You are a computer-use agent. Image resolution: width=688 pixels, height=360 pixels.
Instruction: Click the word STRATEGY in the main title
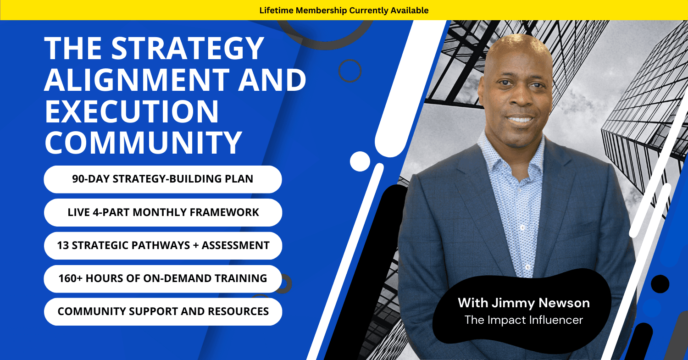pos(188,48)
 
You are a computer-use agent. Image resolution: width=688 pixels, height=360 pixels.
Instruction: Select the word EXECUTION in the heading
pos(132,111)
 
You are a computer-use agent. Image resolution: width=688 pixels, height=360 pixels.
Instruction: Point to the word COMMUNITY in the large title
pos(143,142)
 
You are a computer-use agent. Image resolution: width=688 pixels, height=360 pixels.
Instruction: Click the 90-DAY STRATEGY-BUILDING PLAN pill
pos(163,179)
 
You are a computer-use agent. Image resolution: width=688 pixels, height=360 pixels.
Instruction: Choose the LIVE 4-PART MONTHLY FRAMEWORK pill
pos(163,212)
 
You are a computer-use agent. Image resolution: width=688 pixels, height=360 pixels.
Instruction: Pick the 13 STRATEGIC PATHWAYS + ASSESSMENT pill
pos(163,246)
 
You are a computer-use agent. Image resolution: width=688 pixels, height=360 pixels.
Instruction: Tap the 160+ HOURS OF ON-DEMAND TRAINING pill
pos(163,279)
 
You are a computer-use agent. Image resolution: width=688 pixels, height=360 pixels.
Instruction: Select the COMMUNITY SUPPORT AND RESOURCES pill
pos(163,312)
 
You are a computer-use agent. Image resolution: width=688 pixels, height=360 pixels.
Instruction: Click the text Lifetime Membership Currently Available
pos(344,11)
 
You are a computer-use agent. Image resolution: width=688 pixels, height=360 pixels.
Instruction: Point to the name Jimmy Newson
pos(541,303)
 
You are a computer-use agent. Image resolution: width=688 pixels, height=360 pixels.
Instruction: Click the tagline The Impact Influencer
pos(524,320)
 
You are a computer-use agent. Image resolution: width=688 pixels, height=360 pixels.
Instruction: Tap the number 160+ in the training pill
pos(71,278)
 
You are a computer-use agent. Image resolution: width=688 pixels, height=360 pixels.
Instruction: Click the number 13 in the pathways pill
pos(63,245)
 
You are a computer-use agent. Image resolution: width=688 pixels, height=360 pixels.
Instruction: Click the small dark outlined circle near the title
pos(350,71)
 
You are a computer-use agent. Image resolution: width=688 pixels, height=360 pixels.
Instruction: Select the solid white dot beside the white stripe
pos(360,161)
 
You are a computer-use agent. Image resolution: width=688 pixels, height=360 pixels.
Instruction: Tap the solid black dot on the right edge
pos(660,284)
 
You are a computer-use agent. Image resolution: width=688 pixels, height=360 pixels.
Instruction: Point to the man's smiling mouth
pos(520,119)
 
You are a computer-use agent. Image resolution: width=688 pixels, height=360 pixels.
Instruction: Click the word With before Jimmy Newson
pos(473,303)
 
